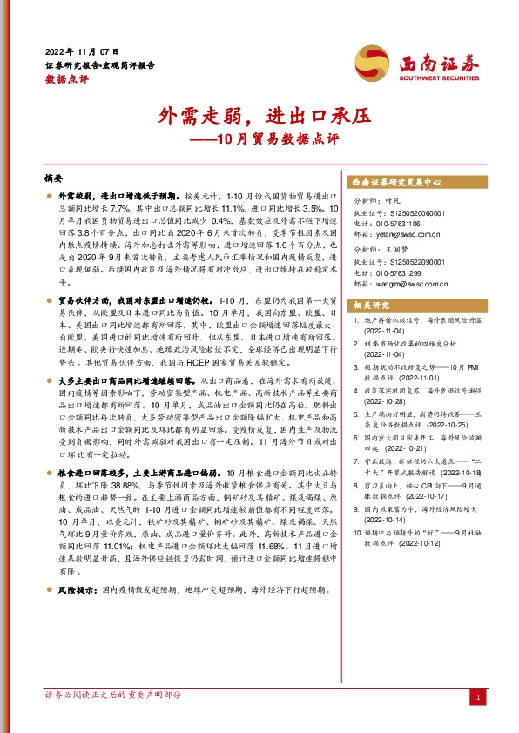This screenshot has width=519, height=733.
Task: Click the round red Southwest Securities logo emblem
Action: pyautogui.click(x=371, y=61)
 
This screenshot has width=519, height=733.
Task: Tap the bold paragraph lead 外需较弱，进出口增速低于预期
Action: pyautogui.click(x=118, y=198)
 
